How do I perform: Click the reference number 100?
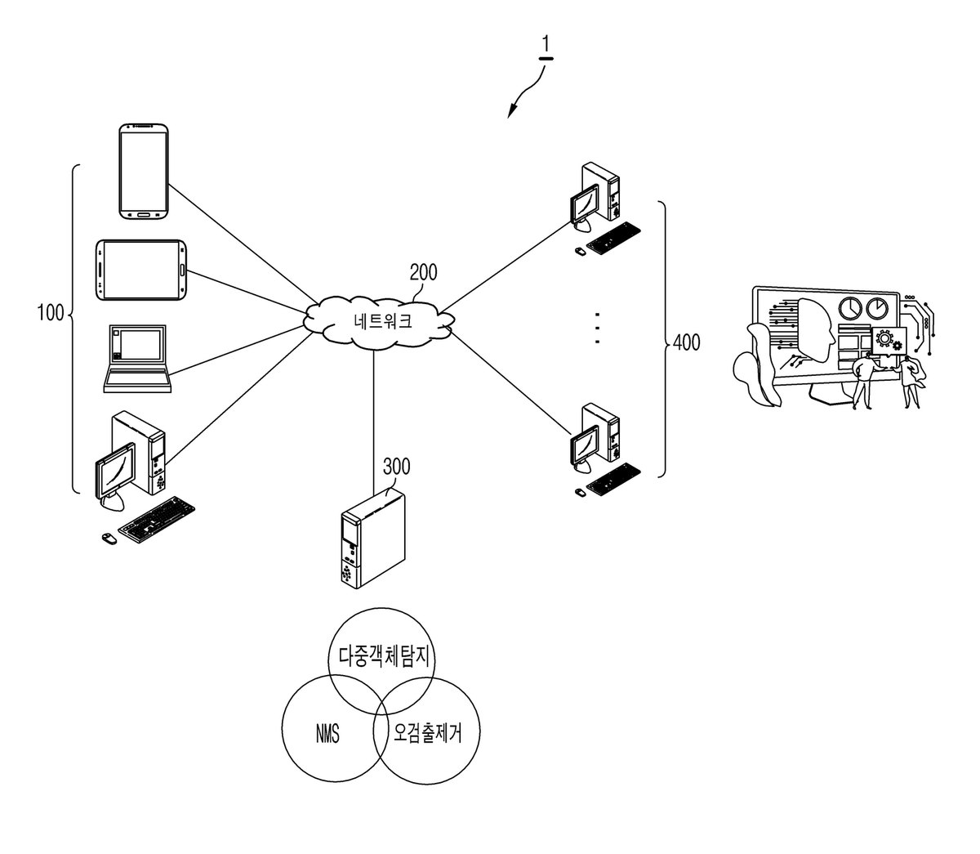click(51, 313)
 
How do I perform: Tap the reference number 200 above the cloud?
click(423, 272)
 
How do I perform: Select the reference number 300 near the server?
click(397, 467)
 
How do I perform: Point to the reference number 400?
click(686, 342)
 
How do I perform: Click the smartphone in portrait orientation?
click(144, 172)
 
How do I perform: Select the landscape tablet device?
click(140, 271)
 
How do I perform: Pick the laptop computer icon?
click(137, 359)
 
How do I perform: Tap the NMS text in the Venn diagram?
click(327, 733)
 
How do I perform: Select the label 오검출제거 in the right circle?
click(427, 732)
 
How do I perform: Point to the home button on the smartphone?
click(143, 214)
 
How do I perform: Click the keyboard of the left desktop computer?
click(156, 520)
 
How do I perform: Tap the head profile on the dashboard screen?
click(816, 329)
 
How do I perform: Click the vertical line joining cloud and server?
click(373, 423)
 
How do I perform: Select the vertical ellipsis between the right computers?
click(597, 329)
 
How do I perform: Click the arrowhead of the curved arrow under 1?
click(511, 112)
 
